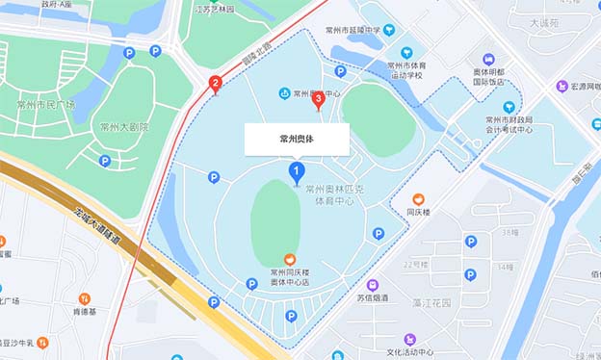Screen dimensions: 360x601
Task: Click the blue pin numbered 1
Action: coord(298,173)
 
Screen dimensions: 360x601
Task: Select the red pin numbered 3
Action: coord(319,98)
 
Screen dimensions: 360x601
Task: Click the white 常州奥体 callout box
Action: coord(297,139)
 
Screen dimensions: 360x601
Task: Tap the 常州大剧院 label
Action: coord(124,126)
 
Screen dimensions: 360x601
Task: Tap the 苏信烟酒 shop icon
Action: coord(373,285)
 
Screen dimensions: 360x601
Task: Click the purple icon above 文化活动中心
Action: coord(411,340)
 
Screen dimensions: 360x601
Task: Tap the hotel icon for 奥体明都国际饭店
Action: coord(488,59)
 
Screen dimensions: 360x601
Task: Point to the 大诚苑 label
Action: coord(545,20)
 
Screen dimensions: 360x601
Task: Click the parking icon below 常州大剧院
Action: coord(104,161)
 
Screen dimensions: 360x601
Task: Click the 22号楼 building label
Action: coord(415,264)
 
